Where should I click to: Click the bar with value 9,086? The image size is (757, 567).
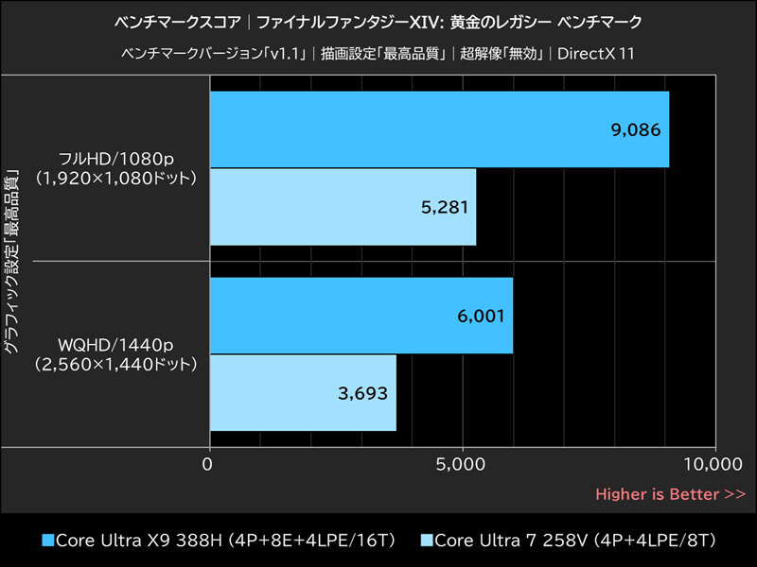point(438,129)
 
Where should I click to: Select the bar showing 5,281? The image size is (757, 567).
point(342,206)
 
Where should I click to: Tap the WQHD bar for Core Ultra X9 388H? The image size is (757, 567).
point(361,316)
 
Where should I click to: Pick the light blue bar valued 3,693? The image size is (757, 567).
point(302,392)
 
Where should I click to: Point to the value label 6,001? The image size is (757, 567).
point(481,317)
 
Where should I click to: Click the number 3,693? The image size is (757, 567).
point(363,393)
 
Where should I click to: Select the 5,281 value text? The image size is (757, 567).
point(444,207)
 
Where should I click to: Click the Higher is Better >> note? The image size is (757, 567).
point(670,493)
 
